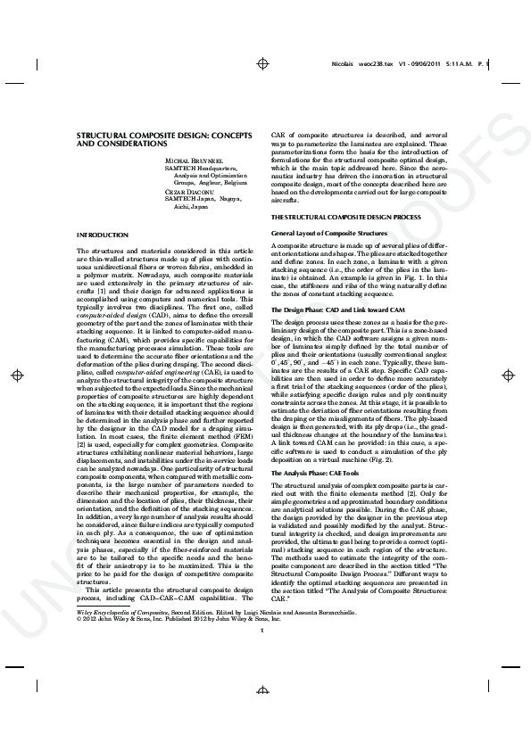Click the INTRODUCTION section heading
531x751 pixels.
[103, 234]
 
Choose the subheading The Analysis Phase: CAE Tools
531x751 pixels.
[319, 472]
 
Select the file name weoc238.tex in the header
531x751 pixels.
[369, 64]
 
